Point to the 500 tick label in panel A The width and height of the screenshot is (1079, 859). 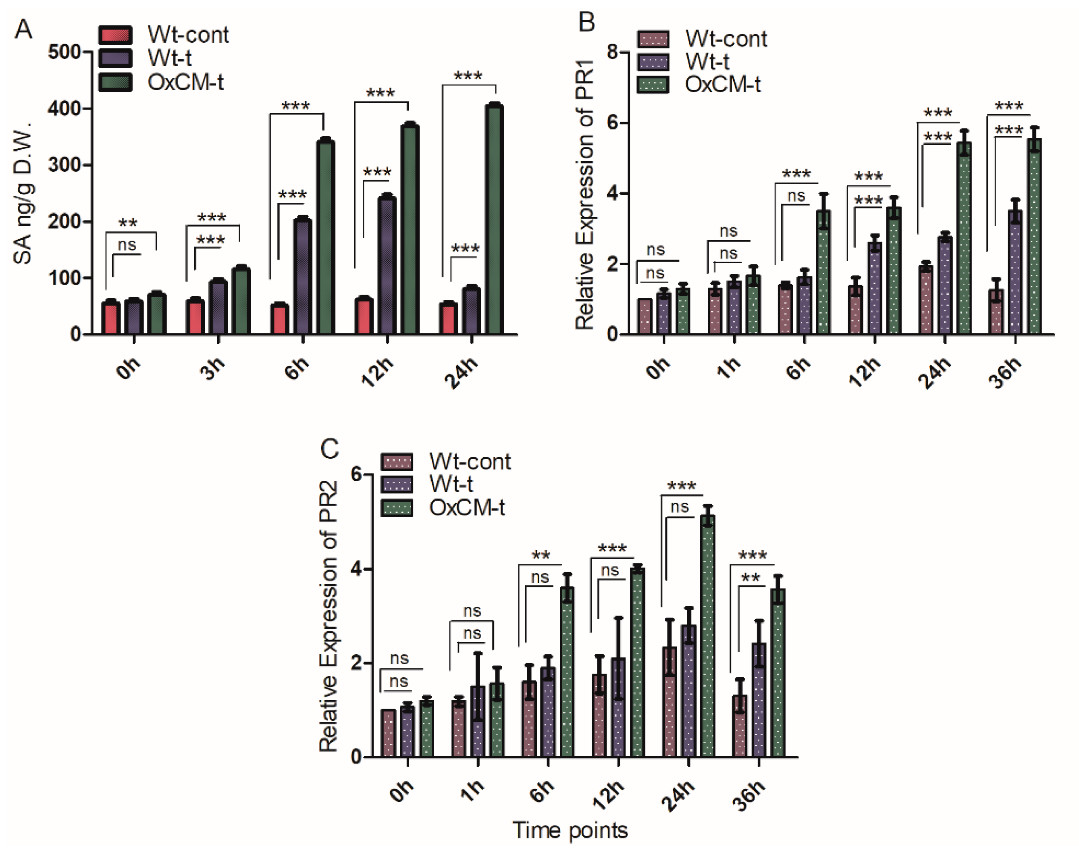[64, 52]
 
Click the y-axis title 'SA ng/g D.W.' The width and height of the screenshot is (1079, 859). [23, 192]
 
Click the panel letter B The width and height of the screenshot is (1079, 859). [586, 22]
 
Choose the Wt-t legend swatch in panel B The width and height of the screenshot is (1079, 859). [653, 62]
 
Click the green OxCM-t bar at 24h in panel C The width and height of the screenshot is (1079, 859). [708, 636]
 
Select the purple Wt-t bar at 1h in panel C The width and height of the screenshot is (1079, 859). [478, 721]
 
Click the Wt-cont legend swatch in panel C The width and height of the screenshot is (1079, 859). [397, 462]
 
